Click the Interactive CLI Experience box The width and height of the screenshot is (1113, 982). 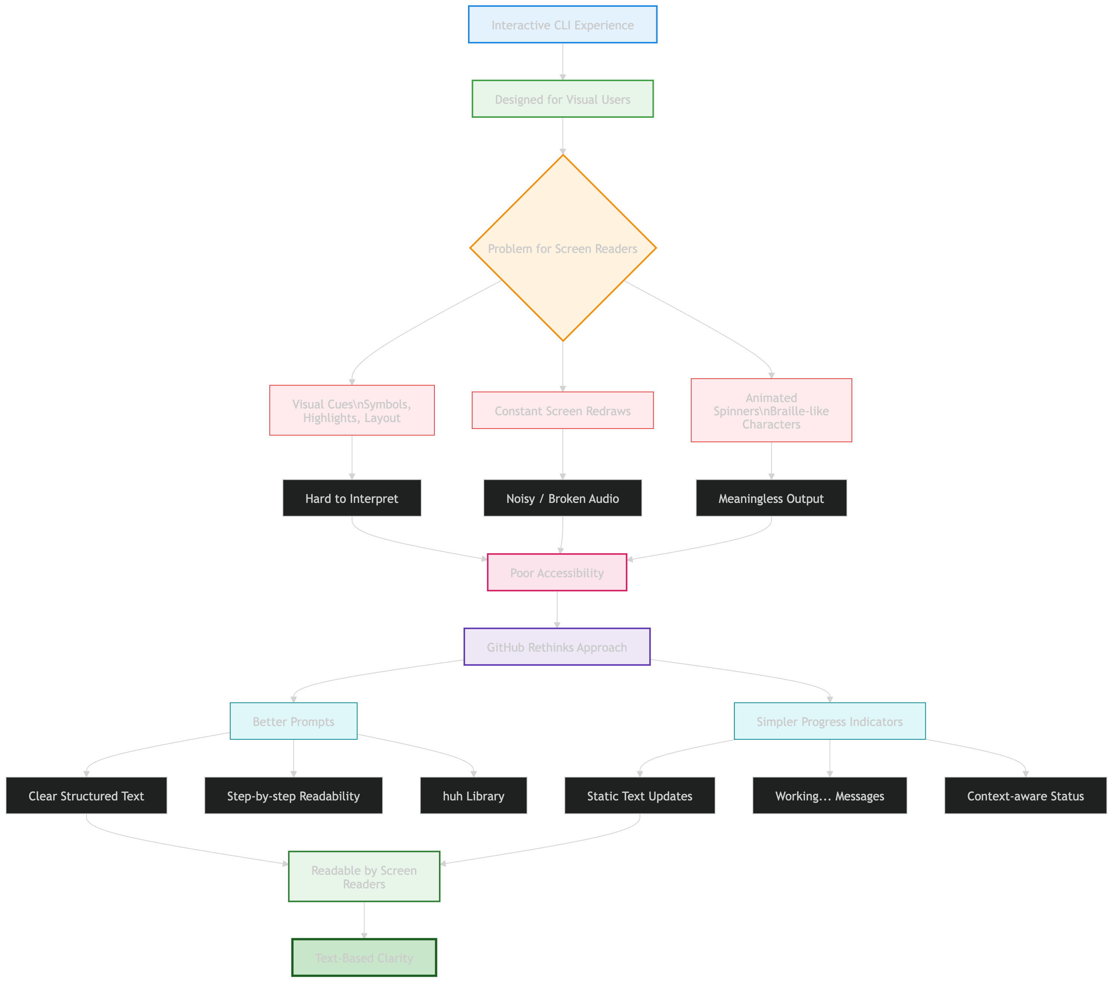pos(562,25)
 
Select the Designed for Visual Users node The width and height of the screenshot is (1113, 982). pos(562,99)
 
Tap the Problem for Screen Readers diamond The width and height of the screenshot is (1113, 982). pos(562,248)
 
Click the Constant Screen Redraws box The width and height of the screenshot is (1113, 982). pos(562,411)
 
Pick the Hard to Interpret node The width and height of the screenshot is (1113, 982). pos(352,498)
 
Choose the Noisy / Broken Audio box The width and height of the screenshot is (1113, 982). pos(562,498)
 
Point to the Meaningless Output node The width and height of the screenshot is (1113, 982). pos(771,498)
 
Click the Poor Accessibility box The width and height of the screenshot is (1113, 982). pos(556,572)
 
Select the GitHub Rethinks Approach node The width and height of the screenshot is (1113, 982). pos(556,647)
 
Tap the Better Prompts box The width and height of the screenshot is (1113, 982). pos(294,721)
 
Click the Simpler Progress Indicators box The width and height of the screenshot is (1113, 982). pos(829,721)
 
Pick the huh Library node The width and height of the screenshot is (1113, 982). pos(473,796)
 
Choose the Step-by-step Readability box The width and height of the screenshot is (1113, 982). pos(294,796)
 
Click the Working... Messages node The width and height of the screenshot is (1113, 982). pos(829,796)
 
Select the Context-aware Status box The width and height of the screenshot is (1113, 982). pos(1025,796)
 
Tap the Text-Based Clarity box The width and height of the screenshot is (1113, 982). pos(364,957)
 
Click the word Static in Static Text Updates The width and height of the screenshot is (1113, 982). pos(602,796)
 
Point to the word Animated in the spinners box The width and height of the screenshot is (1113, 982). pos(771,398)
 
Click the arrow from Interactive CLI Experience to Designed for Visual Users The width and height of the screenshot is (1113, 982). pos(562,62)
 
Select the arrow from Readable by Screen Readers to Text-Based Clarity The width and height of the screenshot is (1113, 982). pos(364,920)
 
